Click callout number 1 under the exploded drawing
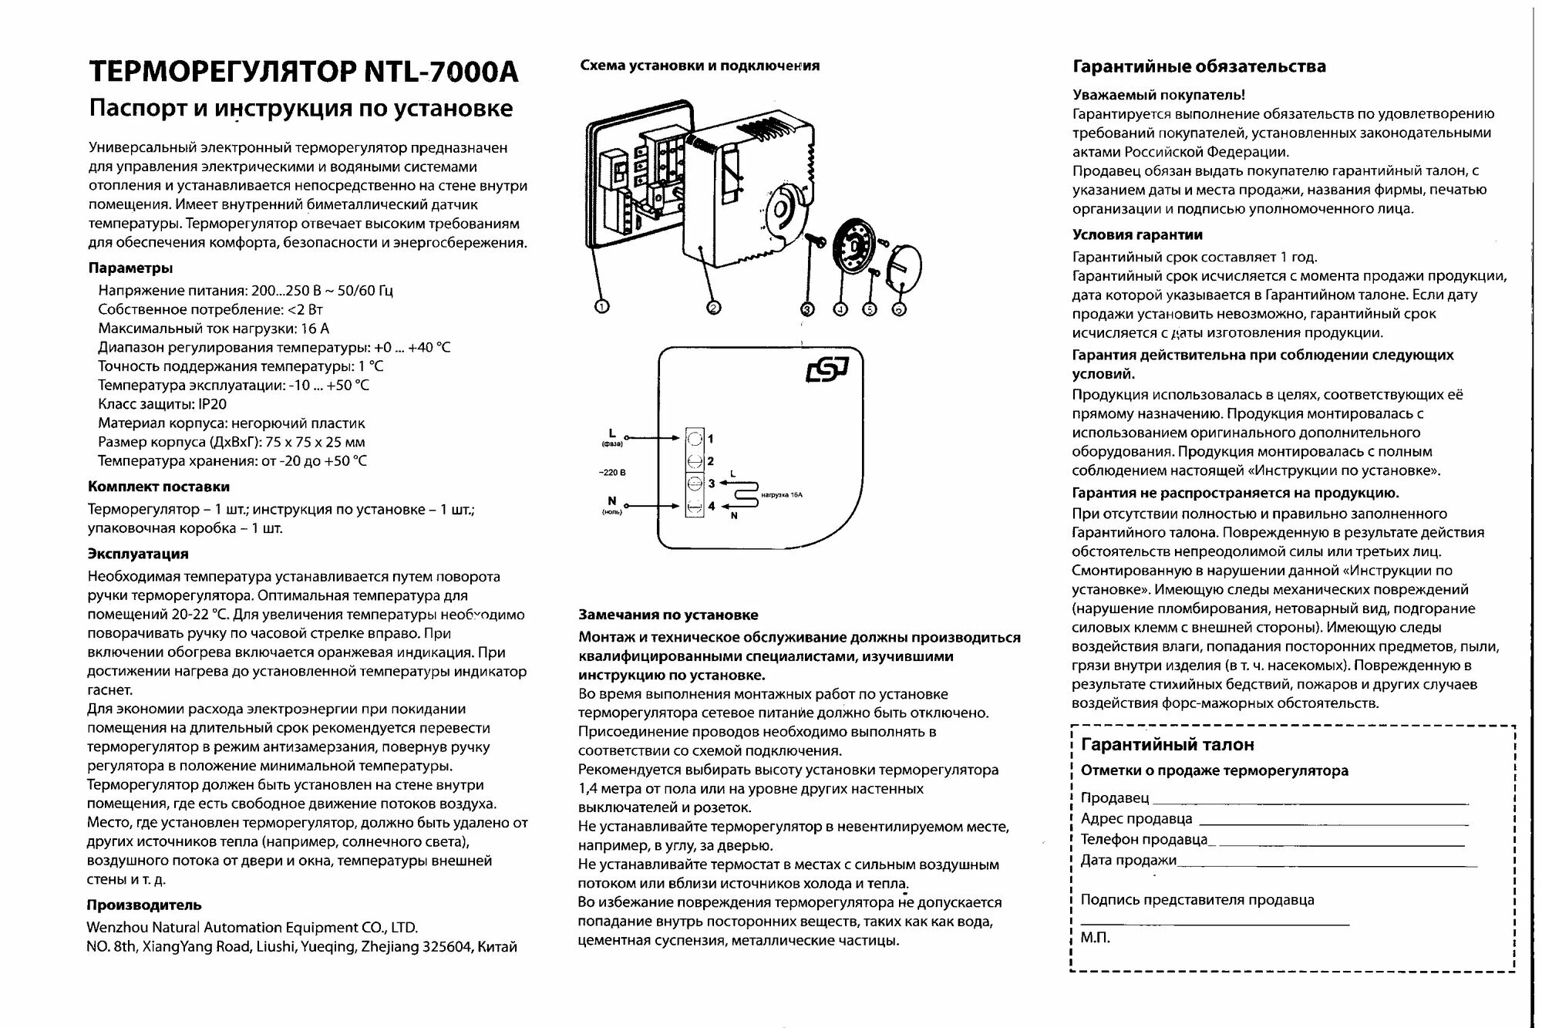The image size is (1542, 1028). point(603,306)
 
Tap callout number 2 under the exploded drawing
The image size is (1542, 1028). point(714,307)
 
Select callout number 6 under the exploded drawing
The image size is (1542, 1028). point(899,308)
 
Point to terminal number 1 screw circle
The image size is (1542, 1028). point(695,439)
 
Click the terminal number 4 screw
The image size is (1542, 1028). point(695,507)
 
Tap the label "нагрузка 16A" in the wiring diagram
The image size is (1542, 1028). point(781,494)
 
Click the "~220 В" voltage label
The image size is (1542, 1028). point(612,472)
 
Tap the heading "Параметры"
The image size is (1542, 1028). point(130,268)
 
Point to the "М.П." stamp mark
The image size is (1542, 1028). point(1095,939)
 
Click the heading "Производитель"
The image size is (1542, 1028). point(144,905)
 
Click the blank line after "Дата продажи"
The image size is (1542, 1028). point(1326,863)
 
